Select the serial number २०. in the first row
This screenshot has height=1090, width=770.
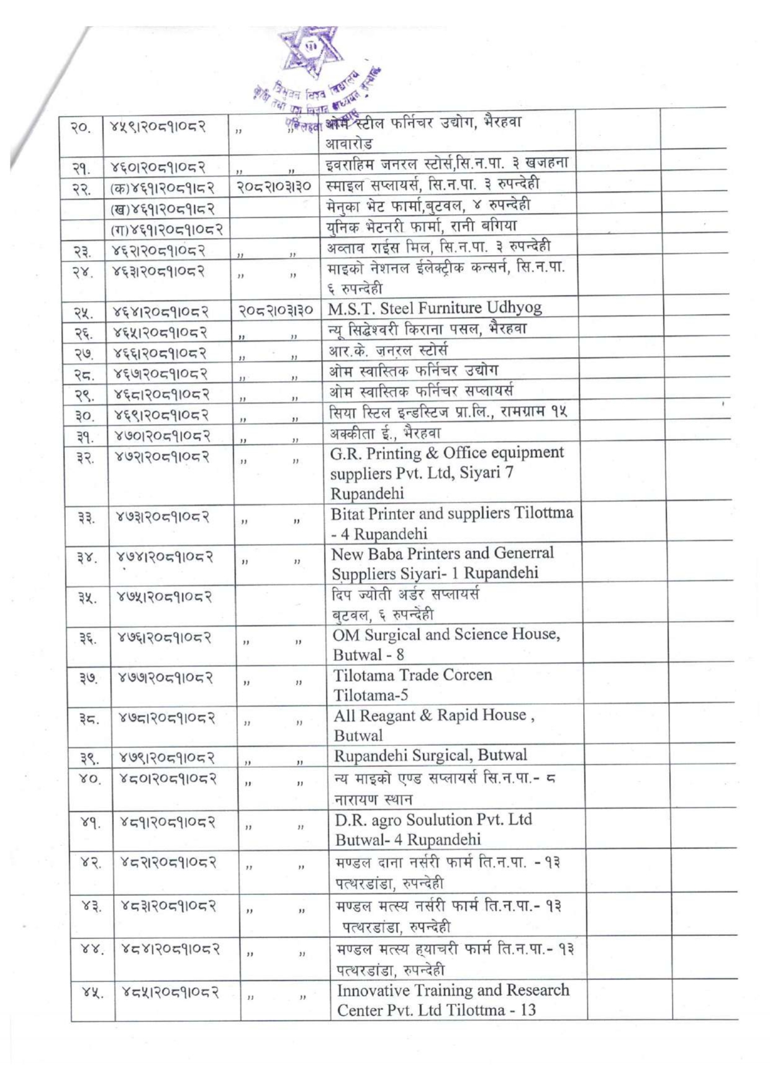[80, 128]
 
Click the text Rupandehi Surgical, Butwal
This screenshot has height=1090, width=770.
[430, 755]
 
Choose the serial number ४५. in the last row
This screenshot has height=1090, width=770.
[92, 992]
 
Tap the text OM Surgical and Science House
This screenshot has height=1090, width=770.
[446, 635]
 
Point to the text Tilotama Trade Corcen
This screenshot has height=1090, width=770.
[412, 675]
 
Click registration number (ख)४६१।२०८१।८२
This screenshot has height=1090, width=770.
[162, 208]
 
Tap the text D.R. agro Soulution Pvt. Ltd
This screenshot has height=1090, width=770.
[433, 820]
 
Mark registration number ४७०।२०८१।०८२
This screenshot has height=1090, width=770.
[163, 435]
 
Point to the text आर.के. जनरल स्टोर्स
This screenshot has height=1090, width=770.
[387, 350]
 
